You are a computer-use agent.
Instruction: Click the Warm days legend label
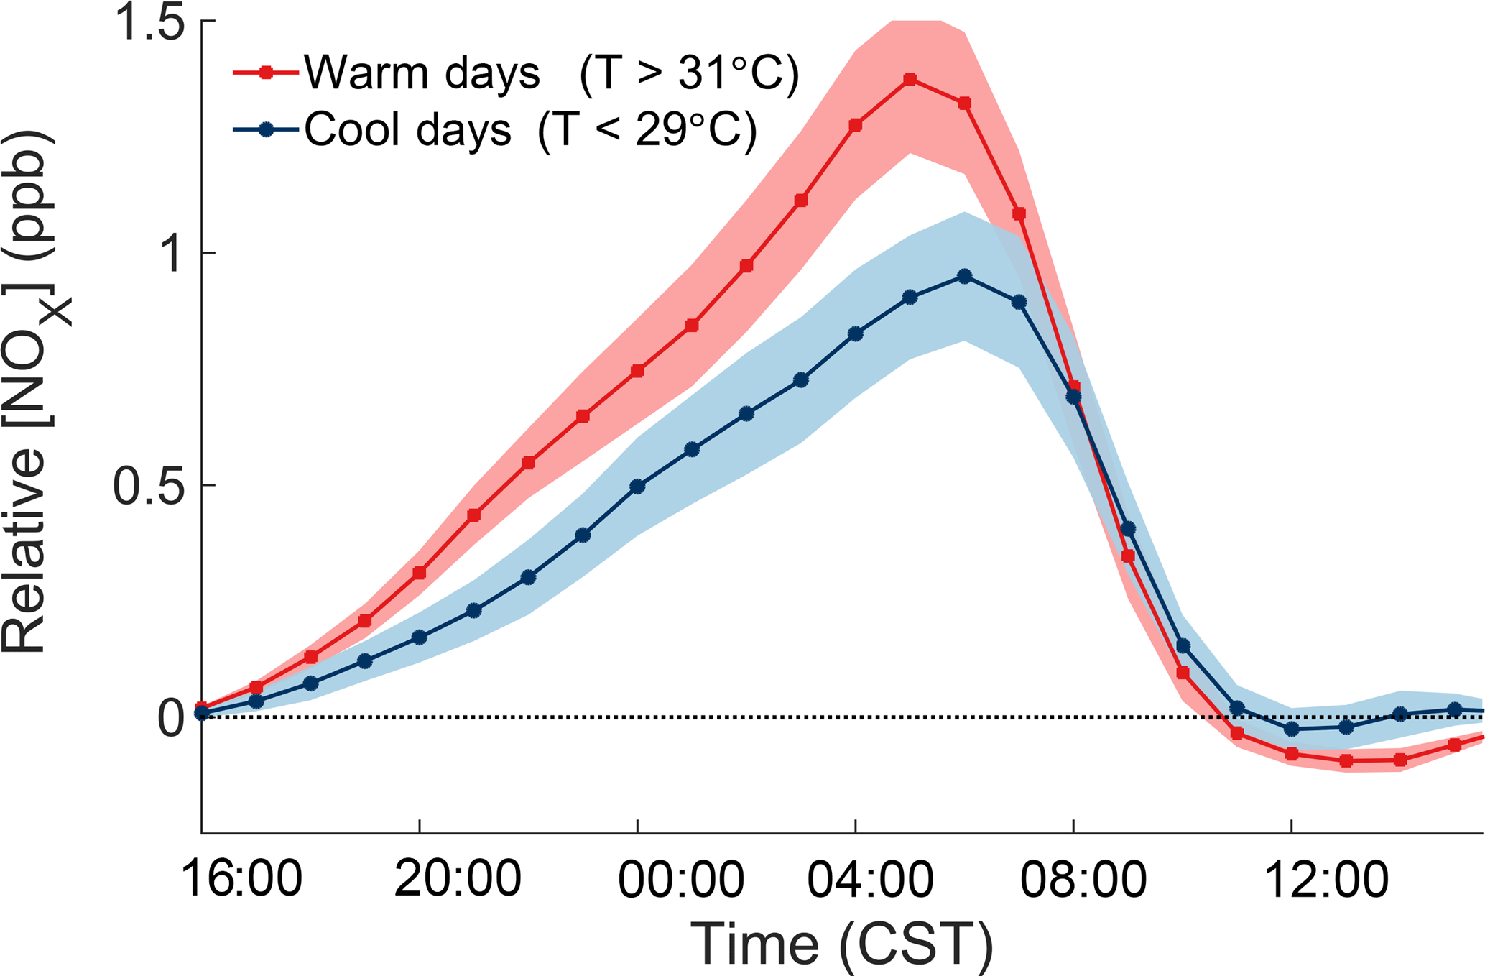click(x=422, y=73)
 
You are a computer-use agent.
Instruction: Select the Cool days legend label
click(x=407, y=130)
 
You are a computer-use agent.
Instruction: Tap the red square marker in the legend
click(x=266, y=73)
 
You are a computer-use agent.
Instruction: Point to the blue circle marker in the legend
click(x=266, y=130)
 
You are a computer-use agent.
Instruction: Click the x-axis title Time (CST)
click(x=842, y=944)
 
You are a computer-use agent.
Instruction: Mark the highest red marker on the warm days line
click(x=910, y=80)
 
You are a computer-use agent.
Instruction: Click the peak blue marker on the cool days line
click(x=965, y=277)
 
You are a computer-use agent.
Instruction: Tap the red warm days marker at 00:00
click(x=637, y=371)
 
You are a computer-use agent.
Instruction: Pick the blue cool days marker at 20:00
click(x=420, y=637)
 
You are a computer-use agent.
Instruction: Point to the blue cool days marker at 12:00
click(x=1292, y=729)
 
